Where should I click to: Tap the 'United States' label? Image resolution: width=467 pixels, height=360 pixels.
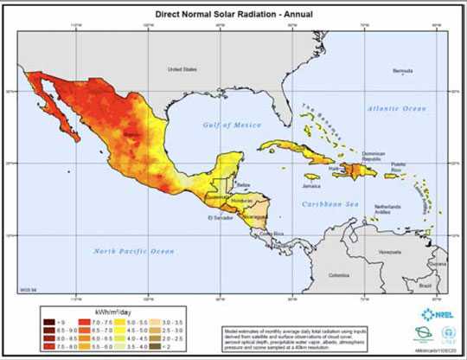pyautogui.click(x=182, y=68)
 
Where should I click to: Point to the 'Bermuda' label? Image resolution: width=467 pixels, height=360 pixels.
pyautogui.click(x=403, y=71)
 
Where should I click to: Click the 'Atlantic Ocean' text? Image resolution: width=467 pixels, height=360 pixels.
pyautogui.click(x=396, y=108)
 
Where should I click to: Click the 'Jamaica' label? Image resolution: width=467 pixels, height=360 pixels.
pyautogui.click(x=311, y=186)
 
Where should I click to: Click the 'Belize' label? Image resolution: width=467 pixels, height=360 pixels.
pyautogui.click(x=243, y=184)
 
